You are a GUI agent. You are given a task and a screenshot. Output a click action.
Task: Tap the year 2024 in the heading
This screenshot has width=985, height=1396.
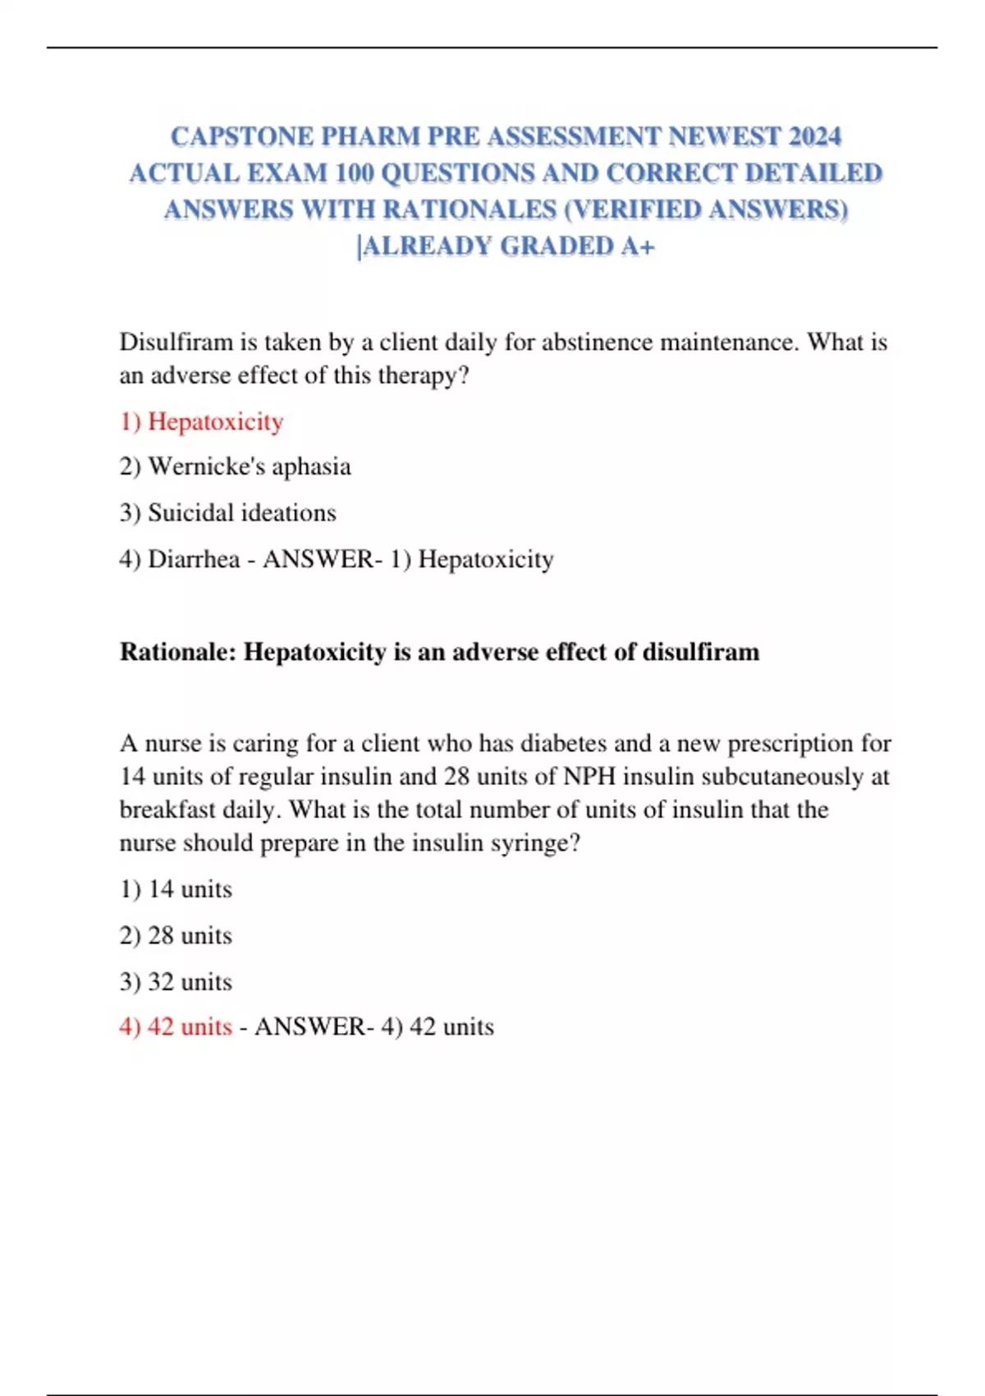[814, 136]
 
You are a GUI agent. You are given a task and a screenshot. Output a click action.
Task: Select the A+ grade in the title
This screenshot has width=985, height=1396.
[637, 246]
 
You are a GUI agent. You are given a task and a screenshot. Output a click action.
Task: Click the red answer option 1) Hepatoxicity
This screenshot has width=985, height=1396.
[201, 421]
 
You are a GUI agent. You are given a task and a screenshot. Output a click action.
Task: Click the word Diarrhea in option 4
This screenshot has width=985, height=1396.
[194, 559]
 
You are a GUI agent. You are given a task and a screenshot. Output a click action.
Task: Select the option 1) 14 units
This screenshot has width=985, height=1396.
[176, 889]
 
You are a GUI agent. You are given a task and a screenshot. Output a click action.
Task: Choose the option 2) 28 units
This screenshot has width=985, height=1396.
[176, 935]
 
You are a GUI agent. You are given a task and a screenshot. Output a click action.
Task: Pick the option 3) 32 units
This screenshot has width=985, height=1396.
[176, 981]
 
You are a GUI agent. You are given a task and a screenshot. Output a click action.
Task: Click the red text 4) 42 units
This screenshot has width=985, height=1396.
[176, 1026]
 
